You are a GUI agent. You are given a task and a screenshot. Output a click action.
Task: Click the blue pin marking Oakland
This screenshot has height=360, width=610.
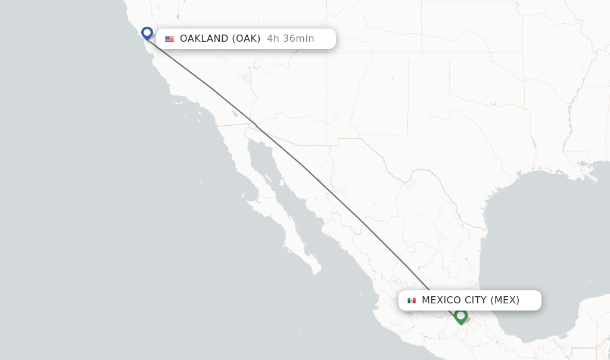(x=147, y=33)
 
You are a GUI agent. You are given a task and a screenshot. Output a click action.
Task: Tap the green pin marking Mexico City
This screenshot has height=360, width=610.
(x=460, y=315)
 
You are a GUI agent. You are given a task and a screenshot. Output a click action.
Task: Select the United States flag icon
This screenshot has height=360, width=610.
(x=170, y=39)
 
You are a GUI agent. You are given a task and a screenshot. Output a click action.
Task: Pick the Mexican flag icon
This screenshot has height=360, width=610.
(x=412, y=300)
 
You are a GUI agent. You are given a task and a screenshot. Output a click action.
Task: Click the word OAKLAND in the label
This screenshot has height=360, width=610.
(x=204, y=39)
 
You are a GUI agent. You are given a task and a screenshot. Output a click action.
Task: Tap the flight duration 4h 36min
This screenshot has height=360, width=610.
(x=290, y=39)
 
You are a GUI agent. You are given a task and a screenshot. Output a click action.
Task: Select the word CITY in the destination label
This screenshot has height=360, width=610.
(x=476, y=300)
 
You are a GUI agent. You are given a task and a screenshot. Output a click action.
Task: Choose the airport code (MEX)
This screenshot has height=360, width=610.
(x=505, y=300)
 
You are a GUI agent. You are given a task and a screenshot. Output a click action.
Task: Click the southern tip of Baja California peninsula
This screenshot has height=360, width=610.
(x=316, y=271)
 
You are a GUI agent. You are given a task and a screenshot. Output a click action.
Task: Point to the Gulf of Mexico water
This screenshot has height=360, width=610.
(x=536, y=238)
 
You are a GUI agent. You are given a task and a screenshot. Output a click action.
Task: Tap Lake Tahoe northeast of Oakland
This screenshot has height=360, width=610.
(x=177, y=17)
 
